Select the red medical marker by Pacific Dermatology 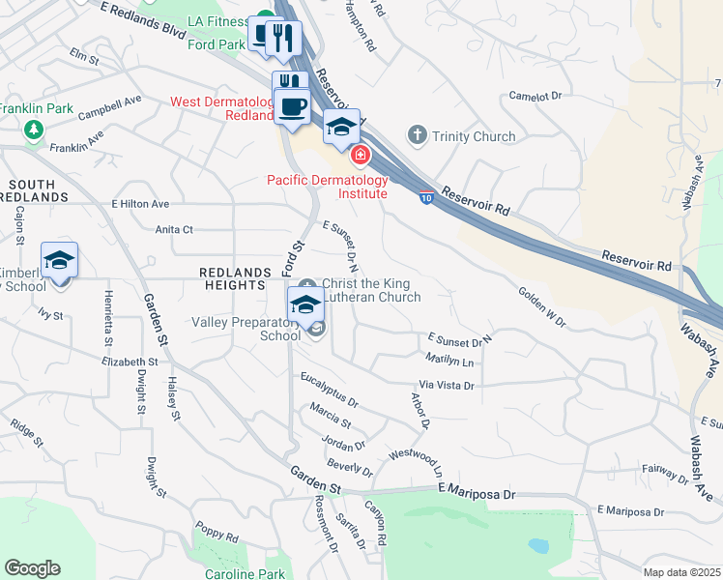click(x=361, y=154)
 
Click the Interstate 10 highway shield click(x=426, y=198)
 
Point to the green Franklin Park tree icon click(x=34, y=129)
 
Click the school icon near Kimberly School click(x=59, y=261)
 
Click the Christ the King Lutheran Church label click(x=370, y=290)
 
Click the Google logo click(x=32, y=568)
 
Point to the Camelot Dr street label click(x=535, y=96)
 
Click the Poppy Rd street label click(x=217, y=533)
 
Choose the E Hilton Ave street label click(x=140, y=204)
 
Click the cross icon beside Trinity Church click(x=418, y=135)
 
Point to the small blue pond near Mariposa click(x=538, y=545)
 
